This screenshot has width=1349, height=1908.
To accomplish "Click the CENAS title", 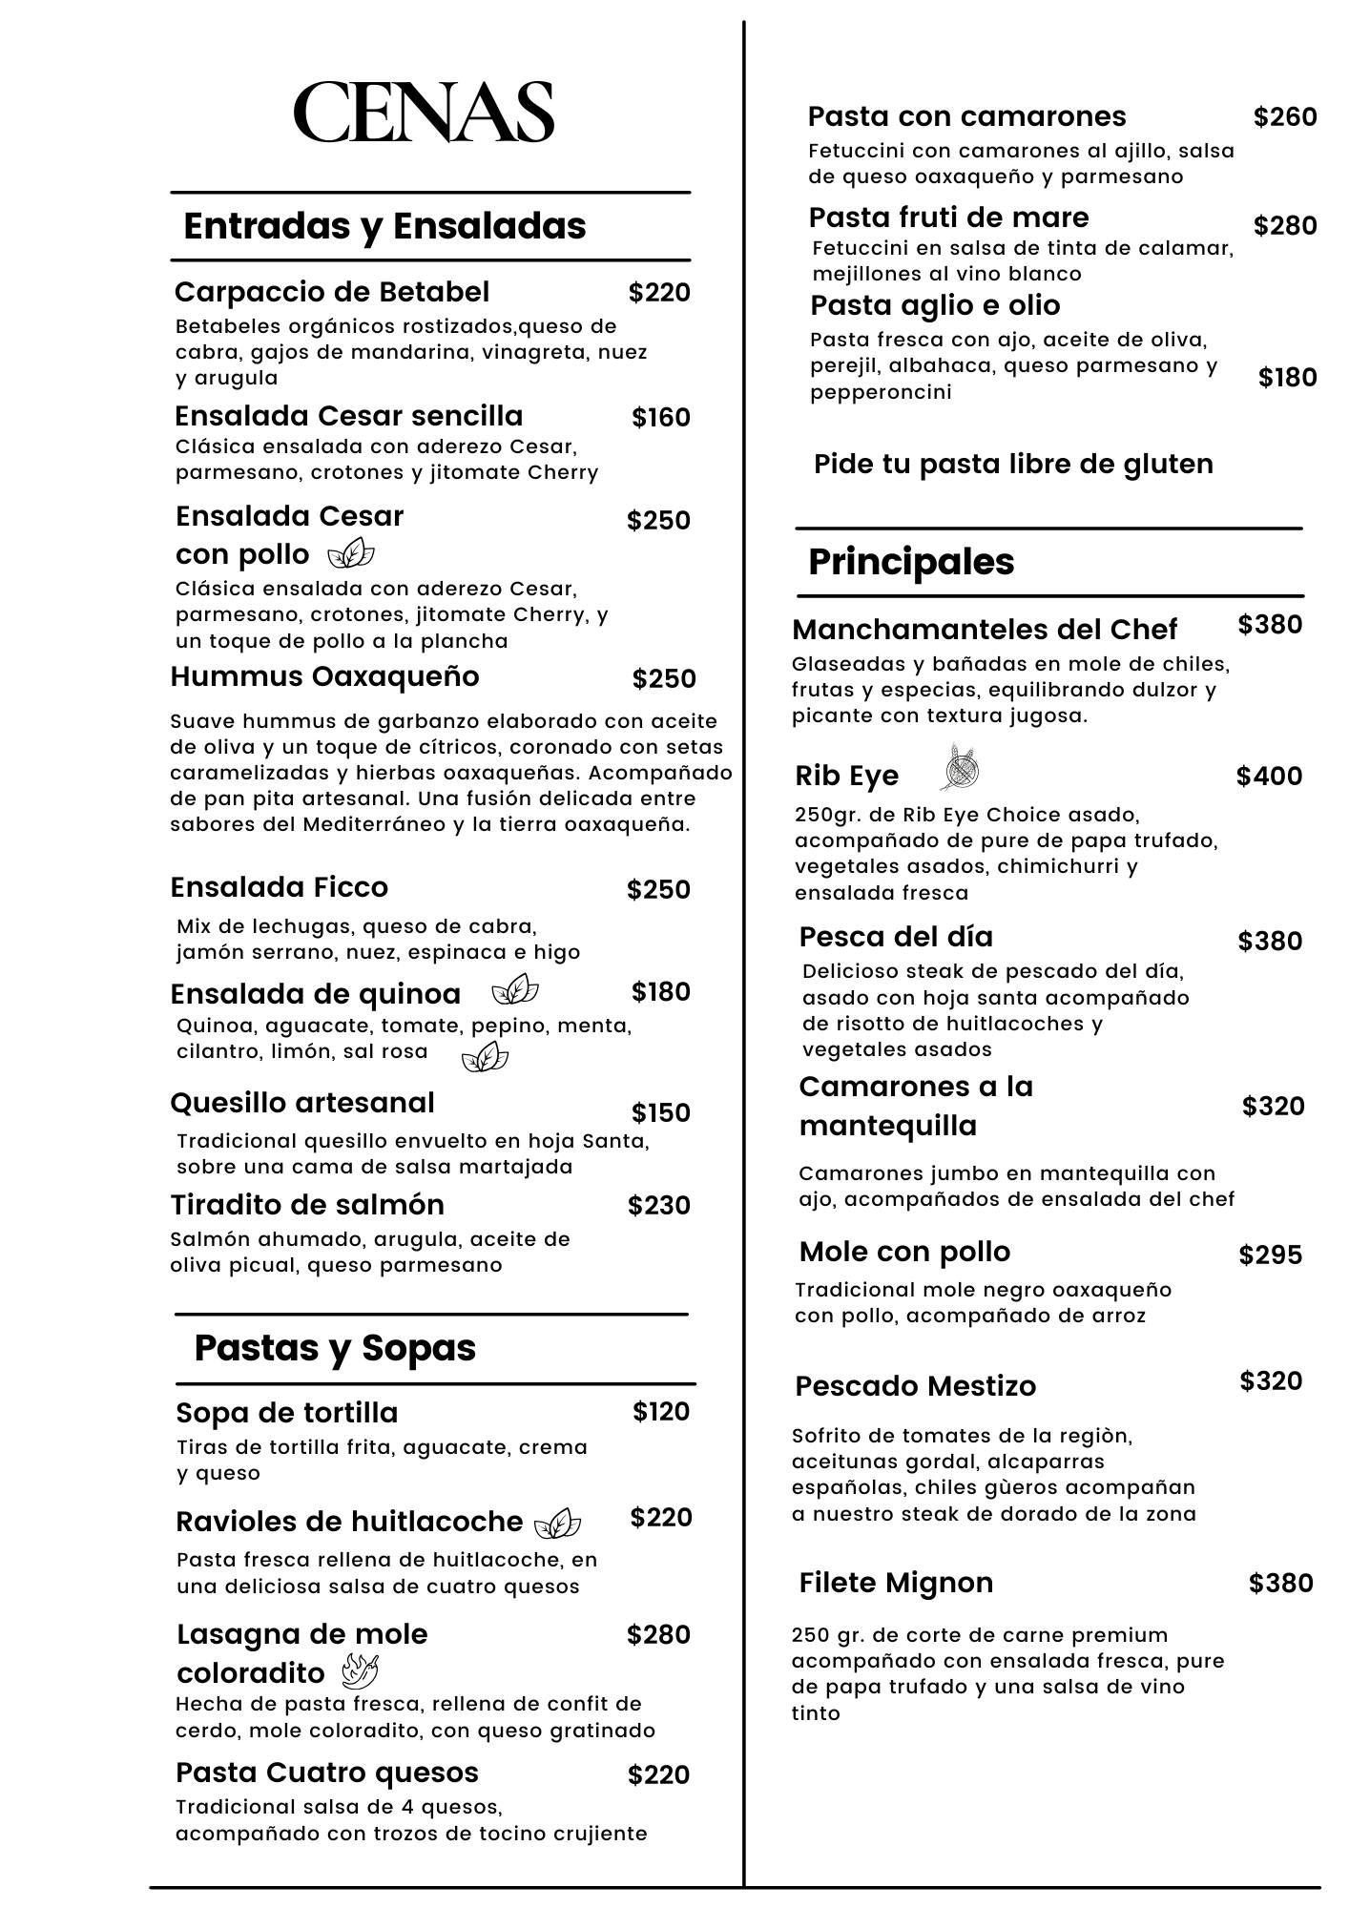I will click(424, 112).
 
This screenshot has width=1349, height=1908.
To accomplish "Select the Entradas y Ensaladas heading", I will click(384, 226).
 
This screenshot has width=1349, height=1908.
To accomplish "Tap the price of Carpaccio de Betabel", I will click(659, 293).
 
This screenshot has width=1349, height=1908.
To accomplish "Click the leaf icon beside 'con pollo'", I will click(350, 553).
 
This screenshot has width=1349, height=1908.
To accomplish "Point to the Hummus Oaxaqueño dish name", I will click(324, 676).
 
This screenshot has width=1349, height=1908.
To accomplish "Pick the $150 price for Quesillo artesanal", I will click(660, 1113).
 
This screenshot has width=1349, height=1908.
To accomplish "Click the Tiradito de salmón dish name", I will click(307, 1205).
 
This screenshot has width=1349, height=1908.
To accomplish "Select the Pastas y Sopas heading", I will click(335, 1348).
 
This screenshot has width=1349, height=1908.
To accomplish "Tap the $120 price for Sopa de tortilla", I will click(661, 1412).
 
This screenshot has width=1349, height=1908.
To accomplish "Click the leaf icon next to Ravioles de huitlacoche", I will click(557, 1524).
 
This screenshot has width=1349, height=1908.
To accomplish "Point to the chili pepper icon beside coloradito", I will click(360, 1671).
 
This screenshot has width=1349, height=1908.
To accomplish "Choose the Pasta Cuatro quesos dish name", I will click(327, 1773).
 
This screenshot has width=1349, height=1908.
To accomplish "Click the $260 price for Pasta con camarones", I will click(1285, 117).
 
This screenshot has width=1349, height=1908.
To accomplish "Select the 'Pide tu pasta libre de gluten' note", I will click(1013, 465).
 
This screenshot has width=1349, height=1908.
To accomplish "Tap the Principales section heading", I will click(911, 562).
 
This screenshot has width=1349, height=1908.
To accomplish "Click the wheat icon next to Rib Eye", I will click(962, 769).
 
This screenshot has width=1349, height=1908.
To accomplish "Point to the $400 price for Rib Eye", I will click(1269, 777).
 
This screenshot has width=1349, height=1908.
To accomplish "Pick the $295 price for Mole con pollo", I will click(1270, 1255).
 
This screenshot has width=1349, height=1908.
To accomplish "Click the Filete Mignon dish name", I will click(896, 1583).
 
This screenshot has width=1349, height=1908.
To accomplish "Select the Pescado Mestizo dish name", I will click(915, 1386).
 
